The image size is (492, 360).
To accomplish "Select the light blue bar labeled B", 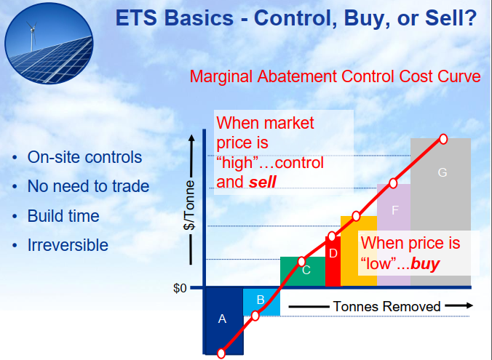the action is (x=262, y=302).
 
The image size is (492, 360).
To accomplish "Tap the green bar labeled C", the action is (x=303, y=271).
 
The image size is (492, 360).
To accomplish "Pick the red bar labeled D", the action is (x=333, y=261).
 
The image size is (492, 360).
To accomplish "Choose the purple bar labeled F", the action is (x=394, y=235).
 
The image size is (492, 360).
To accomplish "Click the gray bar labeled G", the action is (x=440, y=212).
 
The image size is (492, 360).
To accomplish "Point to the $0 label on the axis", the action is (x=180, y=288).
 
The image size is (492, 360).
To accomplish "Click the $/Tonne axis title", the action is (x=189, y=205).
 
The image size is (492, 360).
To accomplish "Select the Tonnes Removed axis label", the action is (x=386, y=306).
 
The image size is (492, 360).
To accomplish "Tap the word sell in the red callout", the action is (x=262, y=182).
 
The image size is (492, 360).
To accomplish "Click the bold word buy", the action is (x=425, y=263).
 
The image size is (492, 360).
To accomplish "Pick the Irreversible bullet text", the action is (x=68, y=245).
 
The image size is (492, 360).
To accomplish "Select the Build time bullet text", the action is (x=63, y=216).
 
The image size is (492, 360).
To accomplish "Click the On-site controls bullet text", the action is (x=84, y=157).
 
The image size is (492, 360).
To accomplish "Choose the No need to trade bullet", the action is (x=88, y=186).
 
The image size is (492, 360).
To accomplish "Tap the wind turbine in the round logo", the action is (x=32, y=36).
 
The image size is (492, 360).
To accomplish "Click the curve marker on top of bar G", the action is (x=443, y=139).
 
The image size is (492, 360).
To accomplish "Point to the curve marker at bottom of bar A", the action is (x=221, y=353).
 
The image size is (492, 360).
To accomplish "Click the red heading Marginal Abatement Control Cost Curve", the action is (x=335, y=76).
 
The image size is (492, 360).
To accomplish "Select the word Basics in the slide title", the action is (x=199, y=17).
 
